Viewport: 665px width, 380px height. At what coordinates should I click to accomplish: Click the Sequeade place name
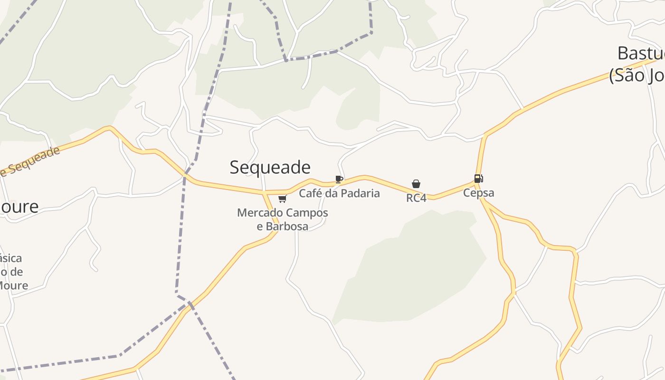click(270, 167)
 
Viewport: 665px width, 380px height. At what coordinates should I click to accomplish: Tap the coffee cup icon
click(339, 179)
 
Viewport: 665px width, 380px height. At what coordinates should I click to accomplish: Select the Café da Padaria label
click(339, 193)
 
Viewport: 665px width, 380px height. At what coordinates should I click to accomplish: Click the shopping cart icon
click(283, 199)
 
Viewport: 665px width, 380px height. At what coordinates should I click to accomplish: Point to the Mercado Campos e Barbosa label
click(283, 219)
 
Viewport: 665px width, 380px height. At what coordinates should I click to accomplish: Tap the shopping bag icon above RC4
click(416, 184)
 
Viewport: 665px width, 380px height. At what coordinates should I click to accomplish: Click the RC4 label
click(416, 198)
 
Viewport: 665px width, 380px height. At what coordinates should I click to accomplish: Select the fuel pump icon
click(478, 179)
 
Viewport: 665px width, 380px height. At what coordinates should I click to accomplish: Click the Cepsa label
click(478, 193)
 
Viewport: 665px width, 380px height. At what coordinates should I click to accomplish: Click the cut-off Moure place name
click(19, 207)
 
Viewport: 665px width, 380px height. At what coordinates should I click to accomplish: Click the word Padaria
click(359, 193)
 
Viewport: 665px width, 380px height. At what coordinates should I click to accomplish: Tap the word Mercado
click(257, 213)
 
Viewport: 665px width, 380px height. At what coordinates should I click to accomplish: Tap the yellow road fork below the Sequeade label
click(264, 193)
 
